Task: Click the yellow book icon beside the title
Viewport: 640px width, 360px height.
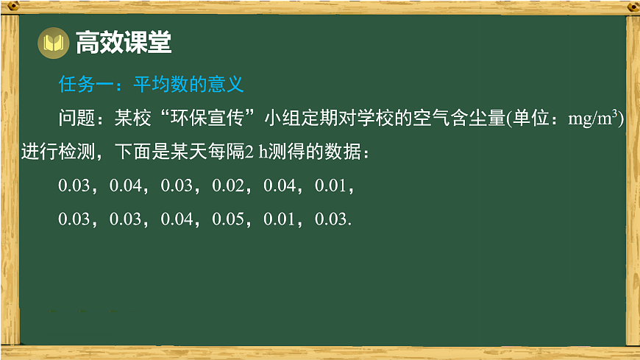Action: [x=52, y=44]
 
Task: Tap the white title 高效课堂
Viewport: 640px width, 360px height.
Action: [x=123, y=43]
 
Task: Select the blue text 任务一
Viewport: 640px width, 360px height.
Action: [x=85, y=85]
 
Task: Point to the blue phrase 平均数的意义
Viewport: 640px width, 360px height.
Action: [x=188, y=85]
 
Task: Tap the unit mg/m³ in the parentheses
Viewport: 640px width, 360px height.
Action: [x=595, y=119]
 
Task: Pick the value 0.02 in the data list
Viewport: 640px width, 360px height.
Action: [x=227, y=186]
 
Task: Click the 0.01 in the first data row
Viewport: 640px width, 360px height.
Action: [x=330, y=186]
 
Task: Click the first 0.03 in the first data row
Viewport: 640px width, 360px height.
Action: [x=74, y=186]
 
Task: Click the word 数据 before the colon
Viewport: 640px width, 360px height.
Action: [x=342, y=152]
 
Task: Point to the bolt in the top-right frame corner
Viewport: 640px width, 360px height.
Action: [x=631, y=7]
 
